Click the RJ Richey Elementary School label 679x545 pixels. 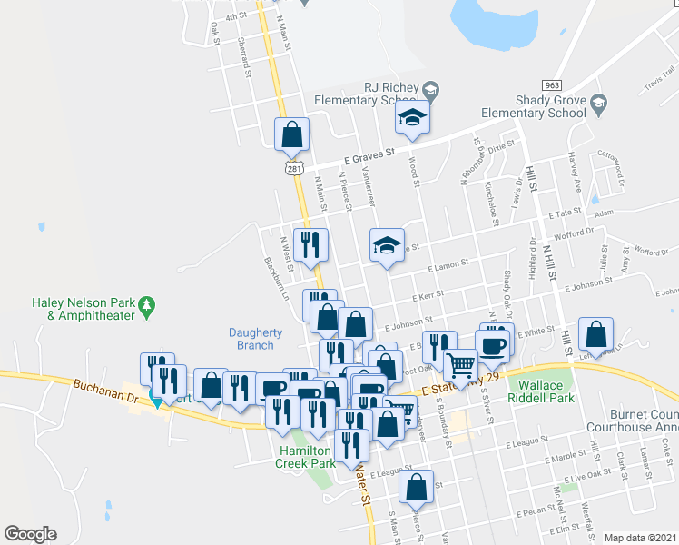pyautogui.click(x=369, y=94)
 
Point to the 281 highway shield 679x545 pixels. pyautogui.click(x=293, y=168)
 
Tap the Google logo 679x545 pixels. pyautogui.click(x=30, y=534)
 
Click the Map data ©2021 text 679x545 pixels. pyautogui.click(x=640, y=538)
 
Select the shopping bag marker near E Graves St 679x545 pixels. pyautogui.click(x=292, y=135)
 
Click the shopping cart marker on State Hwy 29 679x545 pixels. pyautogui.click(x=460, y=367)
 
